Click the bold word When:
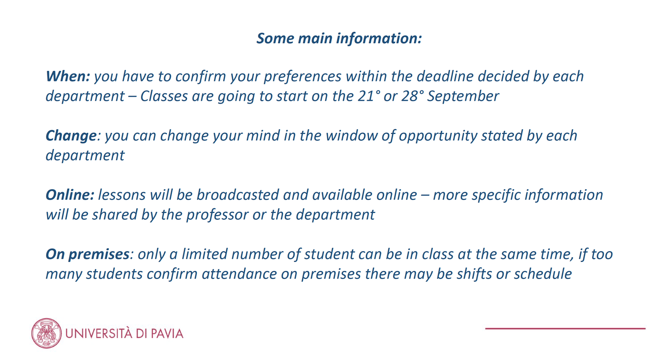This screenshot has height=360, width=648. click(x=68, y=77)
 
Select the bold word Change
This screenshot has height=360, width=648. click(x=71, y=136)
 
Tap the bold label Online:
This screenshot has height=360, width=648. click(x=70, y=195)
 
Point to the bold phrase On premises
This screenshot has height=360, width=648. click(x=87, y=255)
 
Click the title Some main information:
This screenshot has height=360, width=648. click(x=339, y=38)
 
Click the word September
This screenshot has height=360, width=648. click(x=463, y=96)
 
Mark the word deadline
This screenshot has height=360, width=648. click(x=445, y=77)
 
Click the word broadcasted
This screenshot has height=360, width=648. click(x=237, y=195)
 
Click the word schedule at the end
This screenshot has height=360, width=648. click(x=543, y=274)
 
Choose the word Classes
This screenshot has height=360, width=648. click(x=164, y=96)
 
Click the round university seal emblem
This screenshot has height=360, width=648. click(x=47, y=333)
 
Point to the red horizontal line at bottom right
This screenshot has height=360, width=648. click(x=565, y=328)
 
